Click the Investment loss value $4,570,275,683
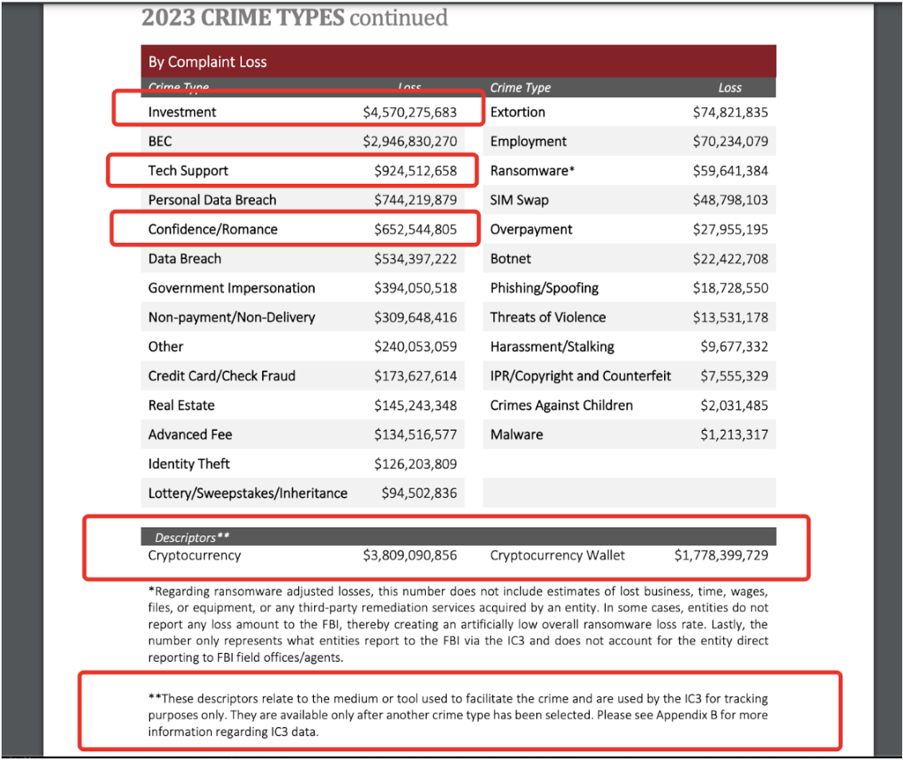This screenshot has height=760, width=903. coord(410,113)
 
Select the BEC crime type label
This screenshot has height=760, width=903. coord(160,141)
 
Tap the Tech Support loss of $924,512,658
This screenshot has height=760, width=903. coord(416,171)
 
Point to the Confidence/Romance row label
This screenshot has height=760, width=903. coord(213,229)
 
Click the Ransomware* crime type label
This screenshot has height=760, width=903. coord(532,171)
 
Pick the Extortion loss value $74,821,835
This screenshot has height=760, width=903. coord(730,113)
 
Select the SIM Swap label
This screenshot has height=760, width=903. coord(519,200)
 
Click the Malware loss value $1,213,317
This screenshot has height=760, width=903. coord(734,435)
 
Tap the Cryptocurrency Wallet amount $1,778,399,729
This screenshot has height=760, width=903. coord(722,555)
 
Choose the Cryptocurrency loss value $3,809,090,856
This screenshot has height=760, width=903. coord(410,555)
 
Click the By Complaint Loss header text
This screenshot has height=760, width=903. coord(208,62)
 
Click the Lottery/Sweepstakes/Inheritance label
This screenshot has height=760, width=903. coord(248,493)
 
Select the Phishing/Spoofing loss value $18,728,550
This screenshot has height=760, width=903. coord(730,288)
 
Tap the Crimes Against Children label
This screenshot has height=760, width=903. coord(561,405)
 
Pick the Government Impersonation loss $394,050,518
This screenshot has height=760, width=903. coord(416,288)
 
